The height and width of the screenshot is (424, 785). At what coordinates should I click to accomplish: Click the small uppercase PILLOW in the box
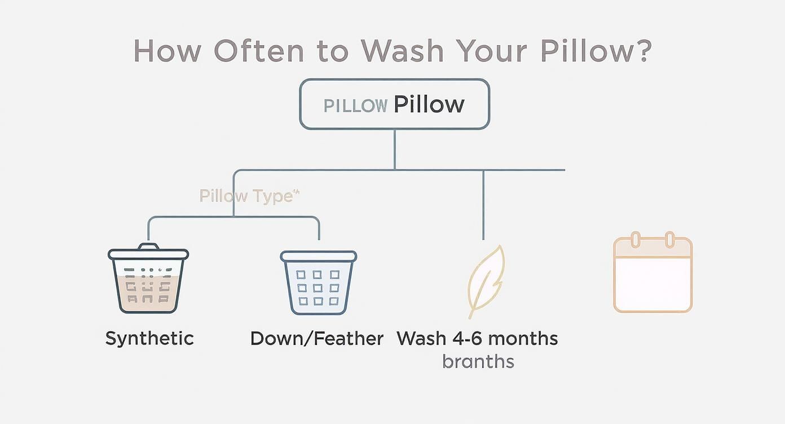(355, 105)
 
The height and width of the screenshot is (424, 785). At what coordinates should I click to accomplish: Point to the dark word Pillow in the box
(429, 104)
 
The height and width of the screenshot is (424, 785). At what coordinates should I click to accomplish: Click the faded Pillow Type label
(248, 196)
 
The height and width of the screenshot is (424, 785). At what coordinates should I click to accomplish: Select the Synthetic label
(149, 338)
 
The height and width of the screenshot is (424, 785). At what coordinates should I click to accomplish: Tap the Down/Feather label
(317, 338)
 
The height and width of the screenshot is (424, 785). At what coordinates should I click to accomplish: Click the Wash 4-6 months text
(477, 338)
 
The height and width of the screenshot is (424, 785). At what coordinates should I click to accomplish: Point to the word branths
(478, 361)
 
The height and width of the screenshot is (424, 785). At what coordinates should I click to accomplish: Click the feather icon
(486, 281)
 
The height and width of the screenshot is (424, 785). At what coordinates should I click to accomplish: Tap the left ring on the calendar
(636, 239)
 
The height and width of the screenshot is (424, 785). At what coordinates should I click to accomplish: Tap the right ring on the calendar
(670, 239)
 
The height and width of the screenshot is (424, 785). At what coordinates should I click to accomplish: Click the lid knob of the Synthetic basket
(148, 246)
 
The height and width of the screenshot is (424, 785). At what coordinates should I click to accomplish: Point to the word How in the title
(167, 51)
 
